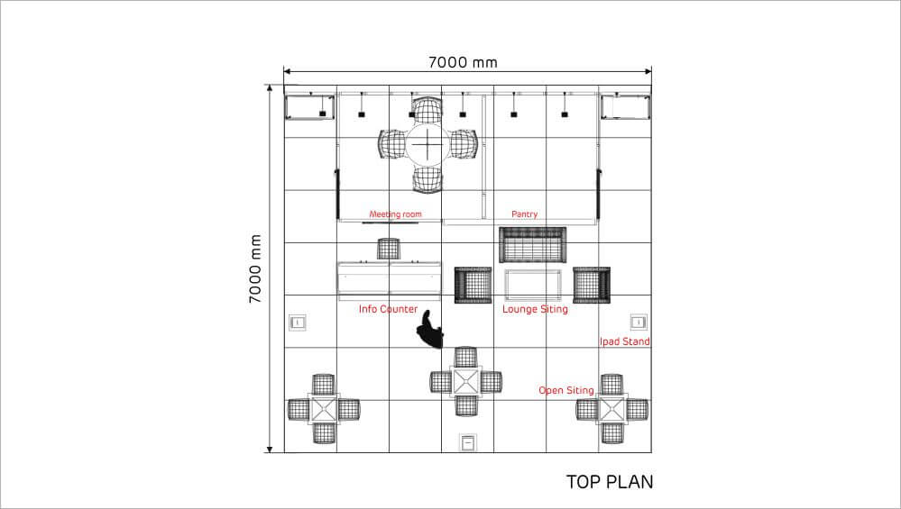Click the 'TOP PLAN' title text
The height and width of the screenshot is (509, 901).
[x=610, y=482]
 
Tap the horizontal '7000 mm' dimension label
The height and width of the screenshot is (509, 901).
[x=464, y=62]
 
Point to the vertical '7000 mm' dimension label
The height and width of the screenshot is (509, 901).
[x=254, y=268]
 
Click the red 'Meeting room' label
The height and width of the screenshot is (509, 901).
[x=395, y=214]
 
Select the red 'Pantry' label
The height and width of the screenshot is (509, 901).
[x=525, y=214]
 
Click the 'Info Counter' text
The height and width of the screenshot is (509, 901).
[x=388, y=309]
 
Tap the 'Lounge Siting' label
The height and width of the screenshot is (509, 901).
[x=535, y=309]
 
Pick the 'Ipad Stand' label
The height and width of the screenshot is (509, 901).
[x=625, y=341]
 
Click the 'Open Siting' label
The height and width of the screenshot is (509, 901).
[x=566, y=390]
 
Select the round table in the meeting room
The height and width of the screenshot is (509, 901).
[x=428, y=145]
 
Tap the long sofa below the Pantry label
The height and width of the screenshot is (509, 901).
[x=533, y=245]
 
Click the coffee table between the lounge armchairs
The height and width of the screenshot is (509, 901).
[x=533, y=286]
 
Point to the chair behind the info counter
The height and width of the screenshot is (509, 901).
[x=389, y=249]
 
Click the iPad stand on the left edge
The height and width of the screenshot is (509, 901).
[x=297, y=323]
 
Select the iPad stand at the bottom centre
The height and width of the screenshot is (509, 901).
[x=468, y=443]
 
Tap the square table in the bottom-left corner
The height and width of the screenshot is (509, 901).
[x=324, y=409]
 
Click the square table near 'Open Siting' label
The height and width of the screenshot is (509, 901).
[x=612, y=409]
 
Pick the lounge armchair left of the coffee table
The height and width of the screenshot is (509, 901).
[x=473, y=286]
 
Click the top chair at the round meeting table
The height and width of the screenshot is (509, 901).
[x=428, y=110]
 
